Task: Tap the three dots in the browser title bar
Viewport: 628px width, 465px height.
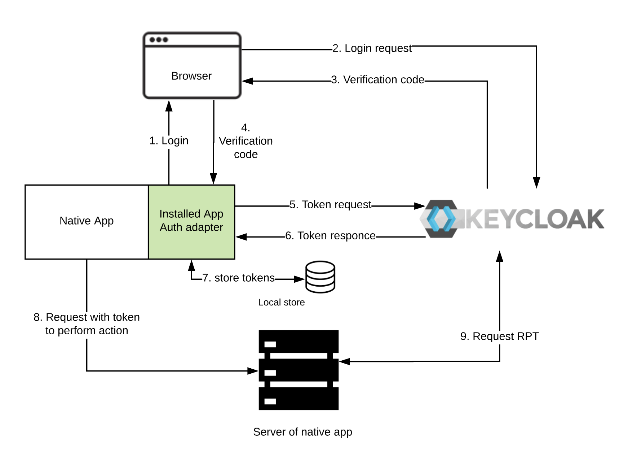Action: click(159, 40)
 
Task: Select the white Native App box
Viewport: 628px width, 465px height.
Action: click(87, 222)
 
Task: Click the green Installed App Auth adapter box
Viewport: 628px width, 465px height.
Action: click(191, 222)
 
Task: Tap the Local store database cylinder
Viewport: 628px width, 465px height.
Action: click(320, 277)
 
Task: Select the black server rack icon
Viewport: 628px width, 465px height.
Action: click(298, 370)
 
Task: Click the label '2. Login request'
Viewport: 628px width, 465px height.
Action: click(372, 48)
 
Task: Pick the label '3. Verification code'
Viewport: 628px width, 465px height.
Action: click(377, 79)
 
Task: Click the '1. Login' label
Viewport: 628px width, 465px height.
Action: click(169, 140)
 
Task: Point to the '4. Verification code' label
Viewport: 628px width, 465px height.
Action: click(246, 141)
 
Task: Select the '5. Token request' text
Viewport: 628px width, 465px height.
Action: click(330, 204)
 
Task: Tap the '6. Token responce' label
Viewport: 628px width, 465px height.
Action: click(330, 235)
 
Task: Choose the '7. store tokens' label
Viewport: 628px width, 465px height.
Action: click(238, 278)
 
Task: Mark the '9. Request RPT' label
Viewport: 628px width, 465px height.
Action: click(499, 336)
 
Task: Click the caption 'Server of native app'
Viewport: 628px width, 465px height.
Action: click(302, 432)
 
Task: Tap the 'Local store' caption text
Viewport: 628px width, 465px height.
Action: click(281, 302)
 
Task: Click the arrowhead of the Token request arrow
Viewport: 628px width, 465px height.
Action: click(420, 206)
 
